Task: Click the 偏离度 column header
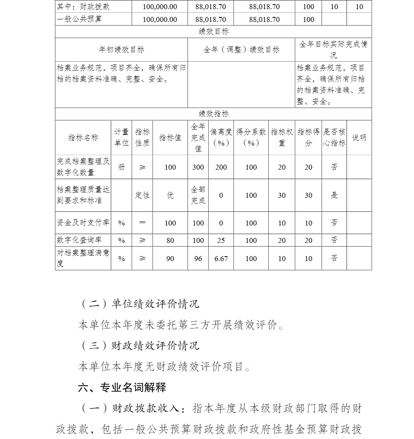coord(221,137)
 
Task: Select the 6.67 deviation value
coord(221,259)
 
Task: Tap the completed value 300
coord(198,168)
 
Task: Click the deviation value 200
coord(221,168)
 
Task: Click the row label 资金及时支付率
coord(83,223)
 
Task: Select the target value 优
coord(170,195)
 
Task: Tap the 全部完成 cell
coord(198,195)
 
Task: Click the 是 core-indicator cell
coord(334,195)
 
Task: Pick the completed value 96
coord(198,259)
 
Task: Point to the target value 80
coord(170,240)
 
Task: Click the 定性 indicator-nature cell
coord(142,195)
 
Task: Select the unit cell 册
coord(121,168)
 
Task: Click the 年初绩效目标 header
coord(121,50)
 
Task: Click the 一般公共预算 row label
coord(79,19)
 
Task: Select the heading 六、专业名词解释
coord(122,388)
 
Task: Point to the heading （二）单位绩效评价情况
coord(139,304)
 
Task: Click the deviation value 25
coord(221,240)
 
